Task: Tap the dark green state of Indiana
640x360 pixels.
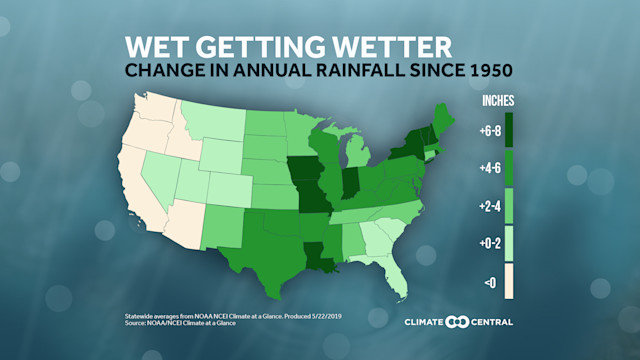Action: coord(347,184)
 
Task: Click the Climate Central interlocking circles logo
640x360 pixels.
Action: coord(457,322)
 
